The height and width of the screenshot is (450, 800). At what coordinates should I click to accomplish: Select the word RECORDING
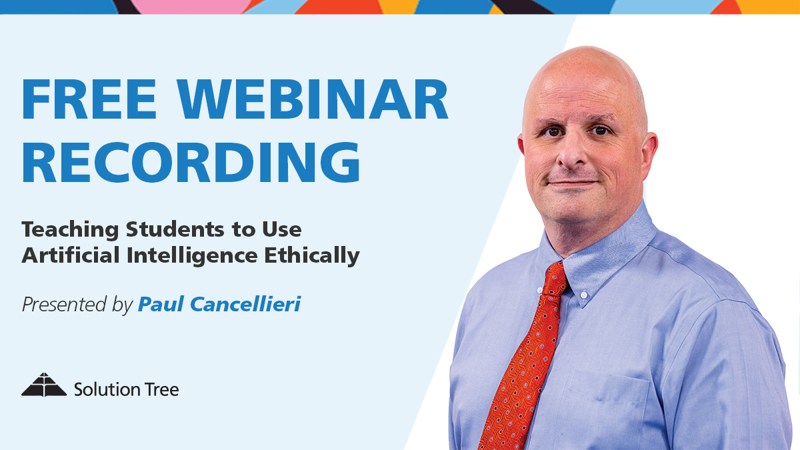(191, 163)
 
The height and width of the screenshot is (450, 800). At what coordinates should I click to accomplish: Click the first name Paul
(161, 304)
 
